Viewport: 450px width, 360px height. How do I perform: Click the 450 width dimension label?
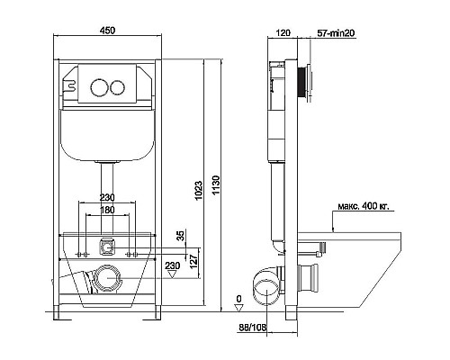tap(107, 31)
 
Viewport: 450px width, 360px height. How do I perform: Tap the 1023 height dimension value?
tap(198, 191)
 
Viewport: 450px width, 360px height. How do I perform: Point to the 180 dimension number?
tap(107, 210)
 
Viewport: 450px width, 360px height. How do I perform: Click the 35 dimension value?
tap(181, 236)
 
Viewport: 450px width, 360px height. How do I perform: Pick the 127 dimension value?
tap(193, 262)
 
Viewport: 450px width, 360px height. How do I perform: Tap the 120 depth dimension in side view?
tap(283, 32)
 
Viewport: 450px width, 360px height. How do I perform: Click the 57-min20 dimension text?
tap(336, 33)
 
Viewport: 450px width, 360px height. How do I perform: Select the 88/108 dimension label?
tap(253, 328)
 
